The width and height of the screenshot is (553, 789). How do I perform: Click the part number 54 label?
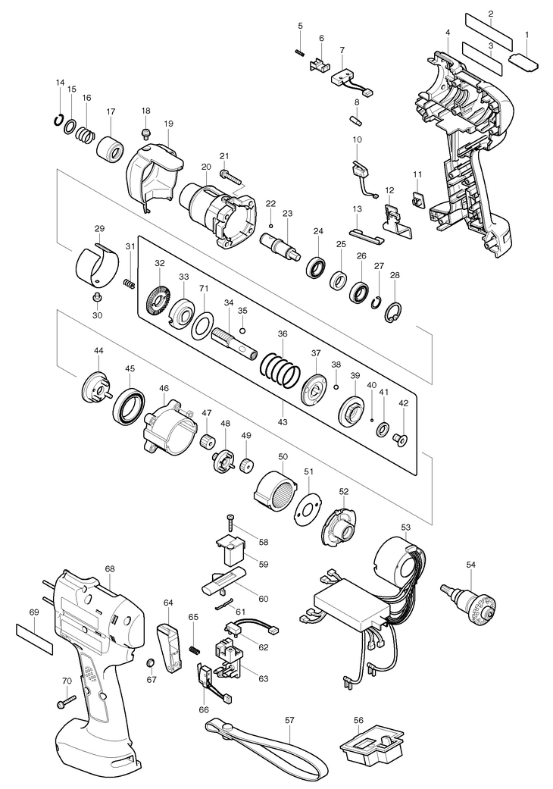pos(470,565)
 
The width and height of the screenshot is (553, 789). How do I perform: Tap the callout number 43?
pos(283,422)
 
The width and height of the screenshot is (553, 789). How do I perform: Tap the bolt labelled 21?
pos(230,176)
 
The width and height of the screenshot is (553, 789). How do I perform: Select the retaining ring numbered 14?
pos(59,121)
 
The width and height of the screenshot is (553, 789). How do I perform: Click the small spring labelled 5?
pos(300,52)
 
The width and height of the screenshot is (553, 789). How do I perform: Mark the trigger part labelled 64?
pos(170,648)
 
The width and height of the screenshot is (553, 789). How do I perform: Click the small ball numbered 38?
pos(336,386)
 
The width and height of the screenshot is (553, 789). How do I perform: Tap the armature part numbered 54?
pos(469,604)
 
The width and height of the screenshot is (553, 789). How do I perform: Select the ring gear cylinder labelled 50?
pos(276,487)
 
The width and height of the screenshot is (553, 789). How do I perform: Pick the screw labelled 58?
pos(231,523)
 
